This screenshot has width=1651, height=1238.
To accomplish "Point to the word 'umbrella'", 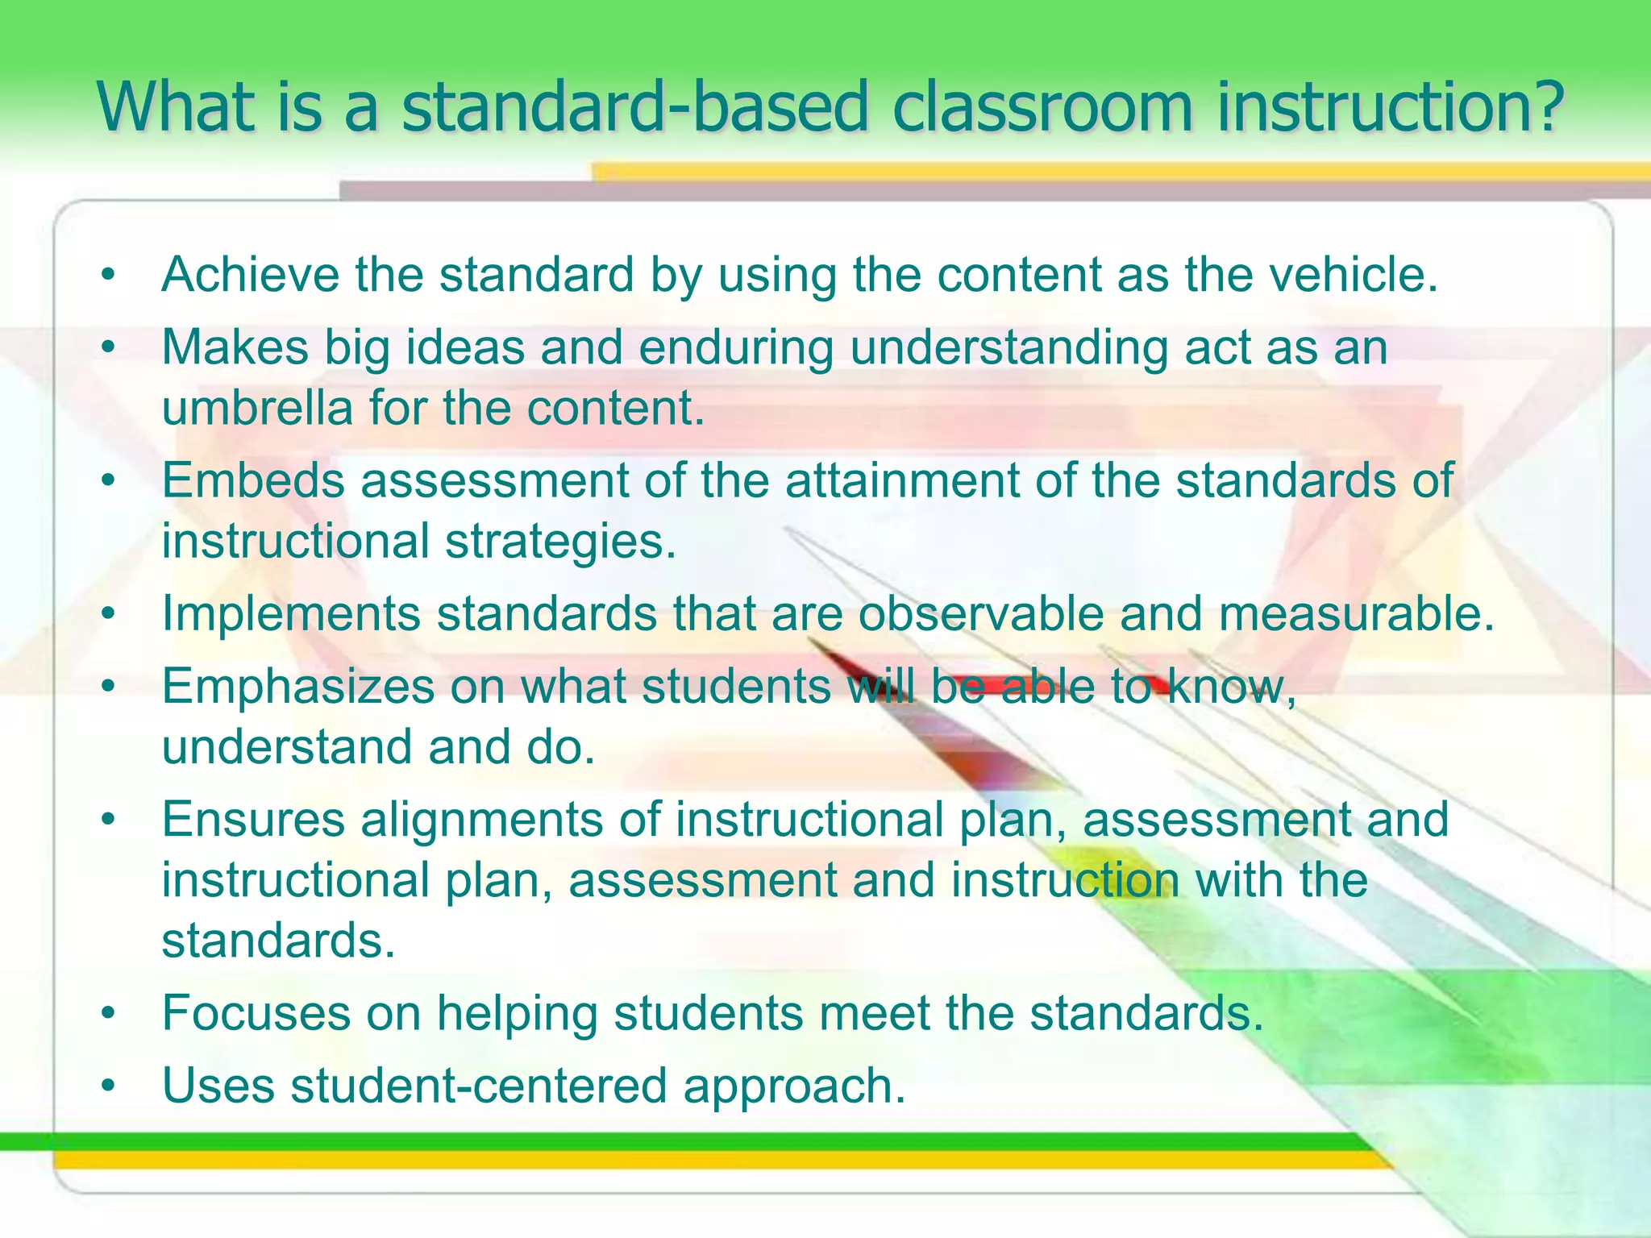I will pos(257,408).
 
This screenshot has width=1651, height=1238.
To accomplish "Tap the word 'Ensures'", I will pos(253,820).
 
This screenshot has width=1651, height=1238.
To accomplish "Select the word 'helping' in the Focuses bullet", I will pos(517,1013).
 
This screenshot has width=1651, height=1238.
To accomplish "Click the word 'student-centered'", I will pos(479,1086).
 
